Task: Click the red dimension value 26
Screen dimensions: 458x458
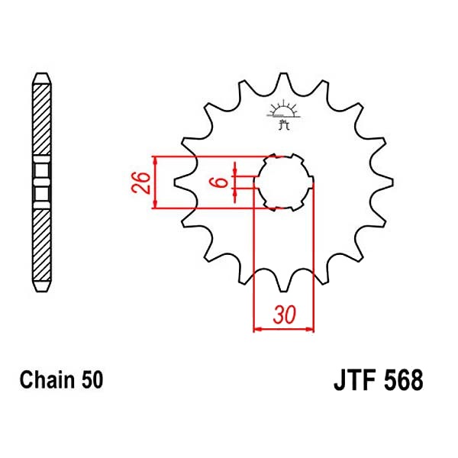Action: tap(140, 183)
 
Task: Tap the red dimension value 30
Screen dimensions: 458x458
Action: tap(285, 315)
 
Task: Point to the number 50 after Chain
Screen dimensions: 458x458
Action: tap(92, 380)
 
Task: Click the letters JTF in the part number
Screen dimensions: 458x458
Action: tap(355, 379)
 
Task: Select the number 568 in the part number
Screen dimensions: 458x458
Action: tap(403, 379)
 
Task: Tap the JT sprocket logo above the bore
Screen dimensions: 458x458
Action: tap(283, 114)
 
